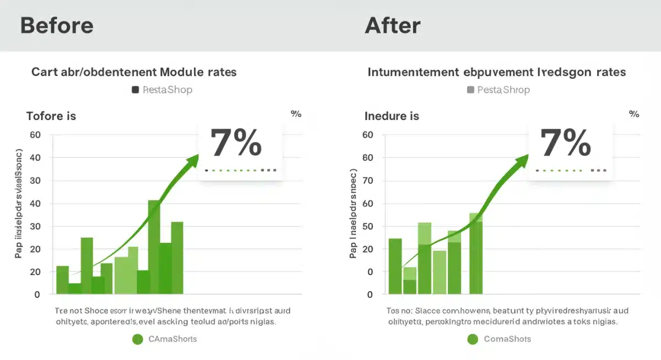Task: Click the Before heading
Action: pos(57,26)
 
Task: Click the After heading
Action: pos(392,26)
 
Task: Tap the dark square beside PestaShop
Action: pos(135,90)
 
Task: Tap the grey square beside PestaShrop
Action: pos(470,90)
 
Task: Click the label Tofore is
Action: pos(51,116)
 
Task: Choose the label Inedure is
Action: pos(392,116)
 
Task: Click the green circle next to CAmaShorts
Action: pos(138,339)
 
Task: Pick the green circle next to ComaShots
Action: pos(472,339)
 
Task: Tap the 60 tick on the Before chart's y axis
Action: pos(35,135)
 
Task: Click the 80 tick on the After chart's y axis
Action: pos(368,158)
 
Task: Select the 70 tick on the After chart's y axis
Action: pos(368,181)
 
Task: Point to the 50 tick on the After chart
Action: pos(368,226)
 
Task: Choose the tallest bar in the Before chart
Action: pos(154,247)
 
